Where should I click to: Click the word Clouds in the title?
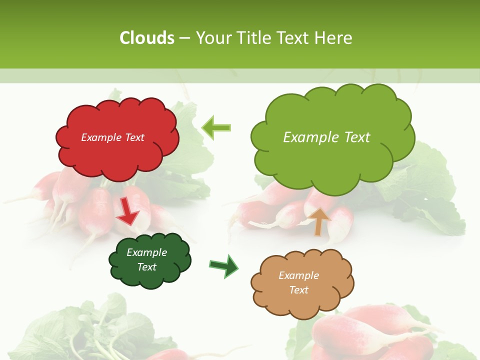pyautogui.click(x=147, y=38)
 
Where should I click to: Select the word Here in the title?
pyautogui.click(x=334, y=38)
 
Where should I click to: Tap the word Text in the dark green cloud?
pyautogui.click(x=147, y=267)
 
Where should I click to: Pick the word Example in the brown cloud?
pyautogui.click(x=298, y=275)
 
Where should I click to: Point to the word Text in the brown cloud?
pyautogui.click(x=298, y=290)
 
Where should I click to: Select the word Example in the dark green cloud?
pyautogui.click(x=147, y=252)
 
